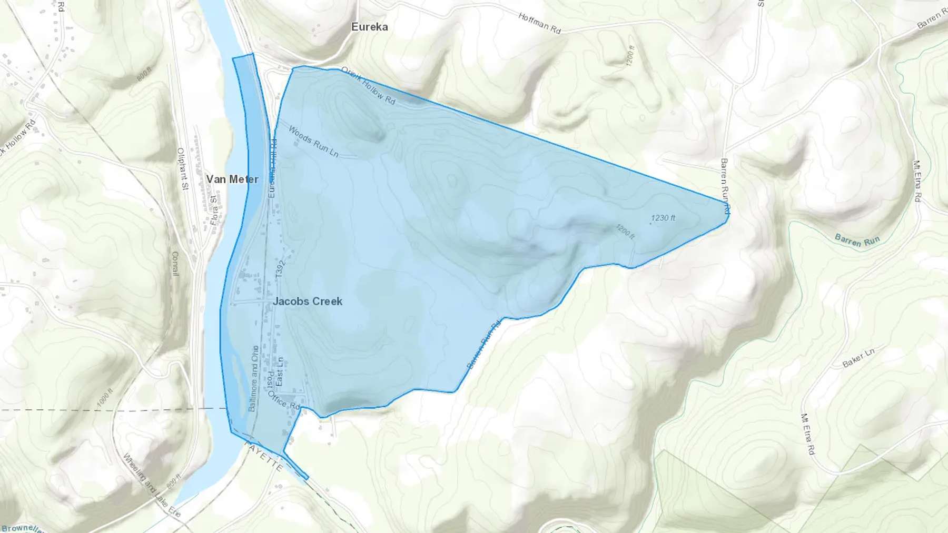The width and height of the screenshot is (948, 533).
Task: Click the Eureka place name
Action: [370, 27]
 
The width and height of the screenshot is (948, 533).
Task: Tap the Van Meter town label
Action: [232, 179]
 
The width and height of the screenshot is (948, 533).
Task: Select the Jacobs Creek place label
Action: [308, 301]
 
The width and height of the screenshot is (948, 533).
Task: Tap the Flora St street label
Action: [213, 210]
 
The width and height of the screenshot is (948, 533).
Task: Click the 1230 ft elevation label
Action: [663, 218]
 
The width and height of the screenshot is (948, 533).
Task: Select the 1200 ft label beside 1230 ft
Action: [625, 232]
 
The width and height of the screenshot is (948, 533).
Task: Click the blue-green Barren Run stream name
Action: [857, 240]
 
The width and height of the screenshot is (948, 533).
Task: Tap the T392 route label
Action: [280, 269]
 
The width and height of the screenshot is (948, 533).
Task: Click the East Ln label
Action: [280, 370]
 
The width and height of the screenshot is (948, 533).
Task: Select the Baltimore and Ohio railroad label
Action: [253, 378]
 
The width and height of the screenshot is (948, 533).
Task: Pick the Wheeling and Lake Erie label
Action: [152, 485]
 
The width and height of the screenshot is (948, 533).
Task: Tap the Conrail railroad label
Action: [175, 263]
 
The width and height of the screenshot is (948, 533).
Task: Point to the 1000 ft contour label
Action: [105, 397]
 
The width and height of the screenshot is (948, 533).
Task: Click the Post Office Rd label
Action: [278, 392]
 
